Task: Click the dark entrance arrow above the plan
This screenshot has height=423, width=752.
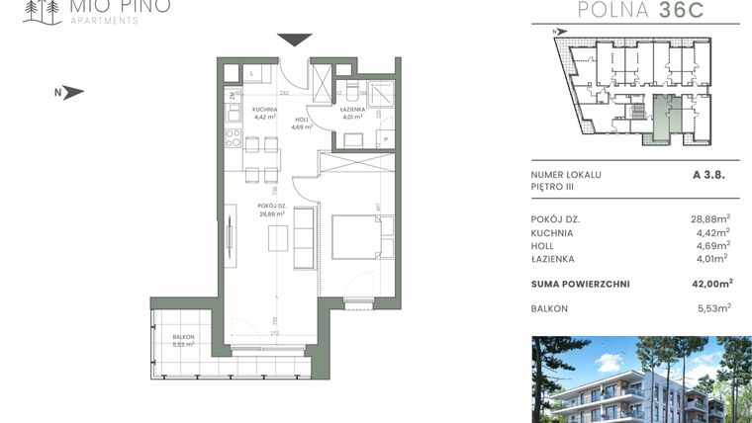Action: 293,40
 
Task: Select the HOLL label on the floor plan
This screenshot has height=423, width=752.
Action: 301,120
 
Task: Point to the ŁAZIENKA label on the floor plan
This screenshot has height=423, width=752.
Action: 352,110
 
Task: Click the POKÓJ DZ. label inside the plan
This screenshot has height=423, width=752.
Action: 271,208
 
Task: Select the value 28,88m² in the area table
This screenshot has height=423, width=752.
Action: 709,218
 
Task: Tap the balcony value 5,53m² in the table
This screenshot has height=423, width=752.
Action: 712,308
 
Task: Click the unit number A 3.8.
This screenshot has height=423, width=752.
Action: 709,174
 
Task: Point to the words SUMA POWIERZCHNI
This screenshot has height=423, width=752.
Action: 580,284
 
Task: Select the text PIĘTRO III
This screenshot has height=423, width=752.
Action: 552,186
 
